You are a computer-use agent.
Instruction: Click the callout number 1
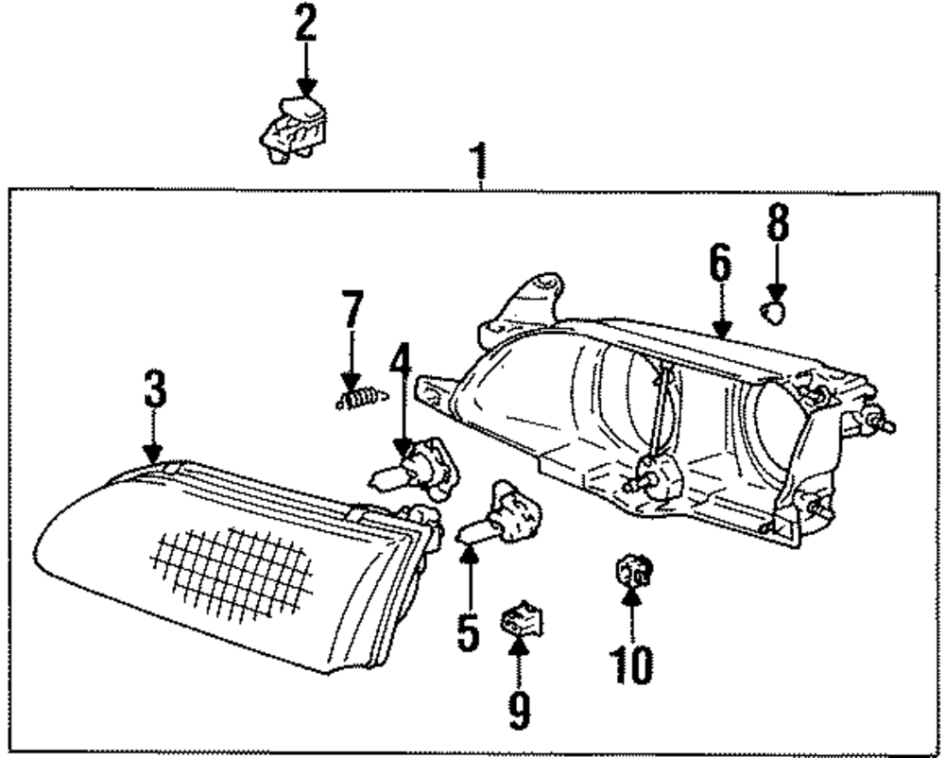pyautogui.click(x=482, y=164)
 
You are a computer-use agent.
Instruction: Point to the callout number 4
pyautogui.click(x=401, y=363)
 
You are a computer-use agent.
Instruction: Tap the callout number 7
pyautogui.click(x=352, y=311)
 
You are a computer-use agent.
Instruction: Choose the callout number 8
pyautogui.click(x=776, y=223)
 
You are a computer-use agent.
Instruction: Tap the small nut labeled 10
pyautogui.click(x=630, y=571)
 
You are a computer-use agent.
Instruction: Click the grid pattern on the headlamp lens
pyautogui.click(x=232, y=574)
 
